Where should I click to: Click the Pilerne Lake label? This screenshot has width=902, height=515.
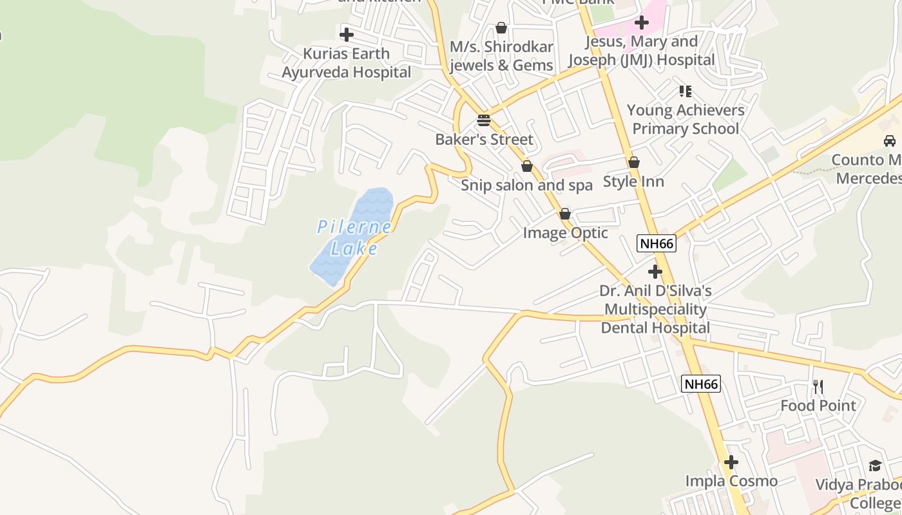(x=354, y=238)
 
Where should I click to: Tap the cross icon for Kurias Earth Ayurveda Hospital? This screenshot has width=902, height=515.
(x=347, y=34)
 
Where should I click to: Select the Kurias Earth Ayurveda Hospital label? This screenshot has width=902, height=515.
(x=347, y=63)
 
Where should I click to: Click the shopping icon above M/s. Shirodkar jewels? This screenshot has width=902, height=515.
(x=501, y=28)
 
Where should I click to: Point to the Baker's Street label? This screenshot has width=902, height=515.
(x=484, y=140)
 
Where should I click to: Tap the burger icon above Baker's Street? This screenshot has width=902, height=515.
(x=484, y=120)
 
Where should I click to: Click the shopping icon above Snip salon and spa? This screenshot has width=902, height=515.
(x=527, y=166)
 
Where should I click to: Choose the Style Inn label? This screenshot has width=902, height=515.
(x=633, y=182)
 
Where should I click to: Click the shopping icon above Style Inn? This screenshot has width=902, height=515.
(x=634, y=162)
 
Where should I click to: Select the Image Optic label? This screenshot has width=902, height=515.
(x=565, y=232)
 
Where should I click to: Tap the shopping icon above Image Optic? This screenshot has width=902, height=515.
(x=565, y=214)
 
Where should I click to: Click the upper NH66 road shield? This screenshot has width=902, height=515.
(x=656, y=243)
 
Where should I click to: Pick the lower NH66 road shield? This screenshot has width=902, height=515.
(x=701, y=384)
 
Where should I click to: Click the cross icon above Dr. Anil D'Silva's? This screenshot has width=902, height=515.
(x=655, y=272)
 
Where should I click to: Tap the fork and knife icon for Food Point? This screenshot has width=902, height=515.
(x=818, y=387)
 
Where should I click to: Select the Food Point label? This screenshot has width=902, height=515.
(x=818, y=406)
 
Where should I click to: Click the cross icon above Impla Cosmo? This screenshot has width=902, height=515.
(x=731, y=462)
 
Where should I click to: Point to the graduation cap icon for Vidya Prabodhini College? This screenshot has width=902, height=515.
(x=875, y=465)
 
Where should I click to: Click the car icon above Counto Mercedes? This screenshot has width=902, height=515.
(x=890, y=141)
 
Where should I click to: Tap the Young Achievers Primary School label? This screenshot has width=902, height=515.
(x=686, y=119)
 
